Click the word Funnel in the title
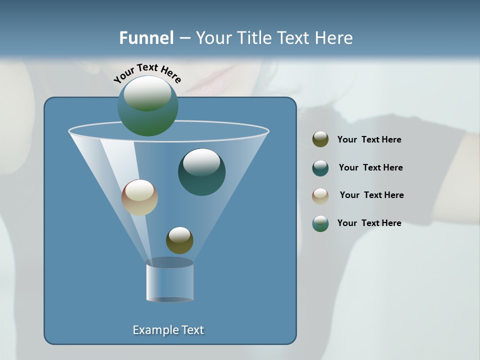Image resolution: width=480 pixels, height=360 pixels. (146, 38)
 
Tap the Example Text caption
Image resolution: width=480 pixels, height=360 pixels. (168, 330)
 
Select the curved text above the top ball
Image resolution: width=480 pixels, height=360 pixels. (147, 73)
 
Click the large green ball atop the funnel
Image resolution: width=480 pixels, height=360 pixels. (148, 106)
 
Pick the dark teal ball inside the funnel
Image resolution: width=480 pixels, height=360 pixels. (202, 172)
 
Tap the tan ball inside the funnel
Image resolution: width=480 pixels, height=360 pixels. (139, 197)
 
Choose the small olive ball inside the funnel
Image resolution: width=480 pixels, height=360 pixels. (179, 240)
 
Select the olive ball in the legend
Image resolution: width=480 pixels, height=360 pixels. (320, 139)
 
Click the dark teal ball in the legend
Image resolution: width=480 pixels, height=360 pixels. (320, 168)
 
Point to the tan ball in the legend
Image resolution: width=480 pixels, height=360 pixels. (320, 196)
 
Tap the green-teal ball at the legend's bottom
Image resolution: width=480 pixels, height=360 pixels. (320, 223)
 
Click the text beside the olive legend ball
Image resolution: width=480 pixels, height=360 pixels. (369, 140)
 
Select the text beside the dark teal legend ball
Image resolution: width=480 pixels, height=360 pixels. (370, 167)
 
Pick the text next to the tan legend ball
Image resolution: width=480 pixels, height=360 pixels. (371, 195)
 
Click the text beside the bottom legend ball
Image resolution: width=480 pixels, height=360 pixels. (369, 223)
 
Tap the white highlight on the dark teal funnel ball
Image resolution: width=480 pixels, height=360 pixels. (201, 162)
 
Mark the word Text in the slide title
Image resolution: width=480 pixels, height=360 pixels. (295, 38)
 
